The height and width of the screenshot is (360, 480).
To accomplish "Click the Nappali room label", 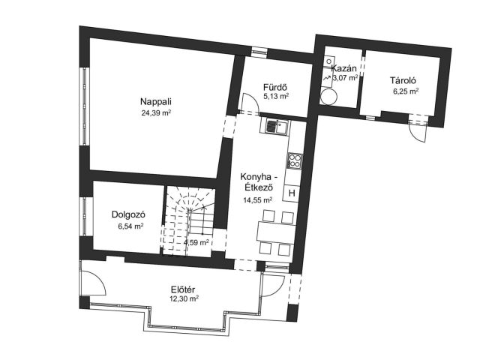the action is coord(156,102).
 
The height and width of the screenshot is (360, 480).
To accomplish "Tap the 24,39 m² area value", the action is coord(156,113).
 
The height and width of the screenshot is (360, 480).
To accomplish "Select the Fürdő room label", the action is coord(275,87).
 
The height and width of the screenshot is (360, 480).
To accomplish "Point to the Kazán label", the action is coord(343,68).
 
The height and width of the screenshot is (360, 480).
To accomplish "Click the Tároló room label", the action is coord(403,80).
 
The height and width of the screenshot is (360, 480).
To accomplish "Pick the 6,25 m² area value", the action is coord(406,91).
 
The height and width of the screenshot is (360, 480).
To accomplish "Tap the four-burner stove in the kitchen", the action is coord(295,160).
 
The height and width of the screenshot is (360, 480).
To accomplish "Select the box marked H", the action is coord(292,193).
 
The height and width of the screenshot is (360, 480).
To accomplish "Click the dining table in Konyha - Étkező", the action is coord(277,232).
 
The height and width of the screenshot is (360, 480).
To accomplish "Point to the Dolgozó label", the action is coord(128,214).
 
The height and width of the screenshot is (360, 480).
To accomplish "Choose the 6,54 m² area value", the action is coord(130,226).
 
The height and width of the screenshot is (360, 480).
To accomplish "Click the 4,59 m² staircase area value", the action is coord(196,243).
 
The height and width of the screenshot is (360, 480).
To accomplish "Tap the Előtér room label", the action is coord(183,289).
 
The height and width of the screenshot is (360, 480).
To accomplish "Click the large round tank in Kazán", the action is coord(329,96).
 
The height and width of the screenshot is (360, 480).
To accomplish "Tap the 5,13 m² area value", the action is coord(276,97).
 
